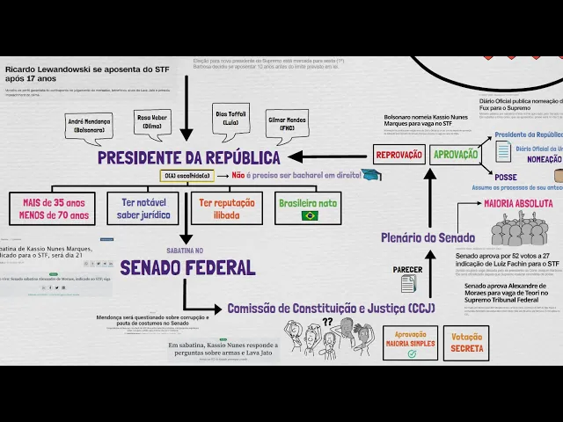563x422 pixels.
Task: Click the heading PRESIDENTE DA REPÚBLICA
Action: [188, 157]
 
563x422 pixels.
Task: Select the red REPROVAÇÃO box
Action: [398, 155]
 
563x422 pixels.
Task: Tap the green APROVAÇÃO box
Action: [455, 155]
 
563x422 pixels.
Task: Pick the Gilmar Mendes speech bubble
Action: [287, 123]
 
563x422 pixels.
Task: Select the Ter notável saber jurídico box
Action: [142, 208]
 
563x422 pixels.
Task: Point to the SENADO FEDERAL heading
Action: [187, 267]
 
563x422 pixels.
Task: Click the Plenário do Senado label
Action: [428, 237]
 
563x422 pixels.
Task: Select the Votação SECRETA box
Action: [466, 343]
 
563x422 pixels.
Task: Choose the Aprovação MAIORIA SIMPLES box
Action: [410, 343]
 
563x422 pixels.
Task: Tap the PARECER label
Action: [407, 269]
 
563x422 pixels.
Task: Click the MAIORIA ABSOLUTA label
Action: [517, 203]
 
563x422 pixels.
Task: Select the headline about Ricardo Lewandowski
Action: [89, 73]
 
